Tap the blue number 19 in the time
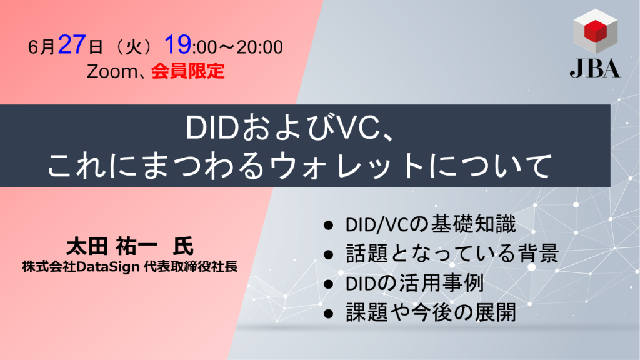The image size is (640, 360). pyautogui.click(x=178, y=45)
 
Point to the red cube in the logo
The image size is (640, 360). pyautogui.click(x=594, y=31)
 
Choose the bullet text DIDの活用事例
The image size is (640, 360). pyautogui.click(x=414, y=283)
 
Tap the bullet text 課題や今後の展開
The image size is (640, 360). pyautogui.click(x=431, y=313)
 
